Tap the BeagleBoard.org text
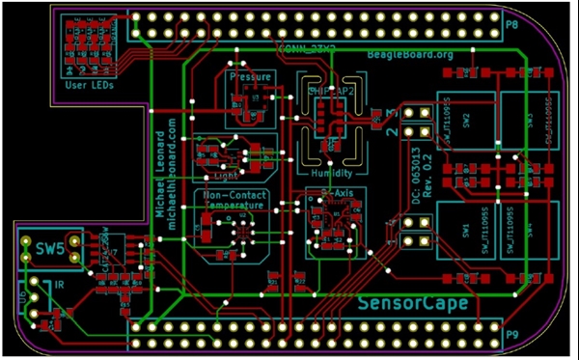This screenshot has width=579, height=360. [x=409, y=54]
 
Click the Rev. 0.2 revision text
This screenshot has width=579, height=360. [x=430, y=179]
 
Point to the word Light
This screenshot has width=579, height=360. [x=226, y=176]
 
